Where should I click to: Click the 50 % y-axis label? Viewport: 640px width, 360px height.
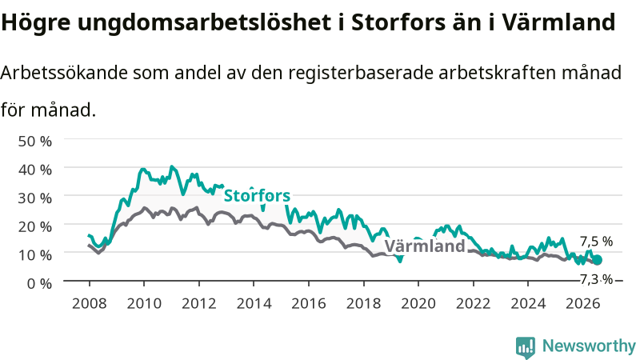[x=35, y=142]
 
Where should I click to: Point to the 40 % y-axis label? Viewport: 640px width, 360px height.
[x=35, y=170]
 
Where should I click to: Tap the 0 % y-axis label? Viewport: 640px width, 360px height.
[x=39, y=283]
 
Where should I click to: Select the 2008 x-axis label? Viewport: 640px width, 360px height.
[x=90, y=303]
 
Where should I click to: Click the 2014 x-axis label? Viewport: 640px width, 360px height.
[x=254, y=303]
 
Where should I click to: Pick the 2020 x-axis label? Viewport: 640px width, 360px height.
[x=418, y=303]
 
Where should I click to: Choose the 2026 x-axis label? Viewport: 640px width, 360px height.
[x=583, y=303]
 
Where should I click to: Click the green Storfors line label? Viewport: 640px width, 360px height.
[x=257, y=195]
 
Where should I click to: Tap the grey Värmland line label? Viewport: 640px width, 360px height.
[x=425, y=246]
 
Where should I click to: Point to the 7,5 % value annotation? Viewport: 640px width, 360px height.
[x=596, y=242]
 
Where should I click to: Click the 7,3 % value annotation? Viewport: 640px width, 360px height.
[x=596, y=279]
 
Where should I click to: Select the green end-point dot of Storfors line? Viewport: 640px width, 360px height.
[x=597, y=260]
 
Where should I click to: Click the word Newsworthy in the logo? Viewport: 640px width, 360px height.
[x=589, y=346]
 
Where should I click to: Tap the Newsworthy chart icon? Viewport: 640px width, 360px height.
[x=526, y=347]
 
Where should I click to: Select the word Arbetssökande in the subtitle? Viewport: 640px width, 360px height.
[x=64, y=73]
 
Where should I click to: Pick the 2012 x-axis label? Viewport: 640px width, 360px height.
[x=198, y=303]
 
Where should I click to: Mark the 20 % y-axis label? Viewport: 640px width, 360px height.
[x=35, y=226]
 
